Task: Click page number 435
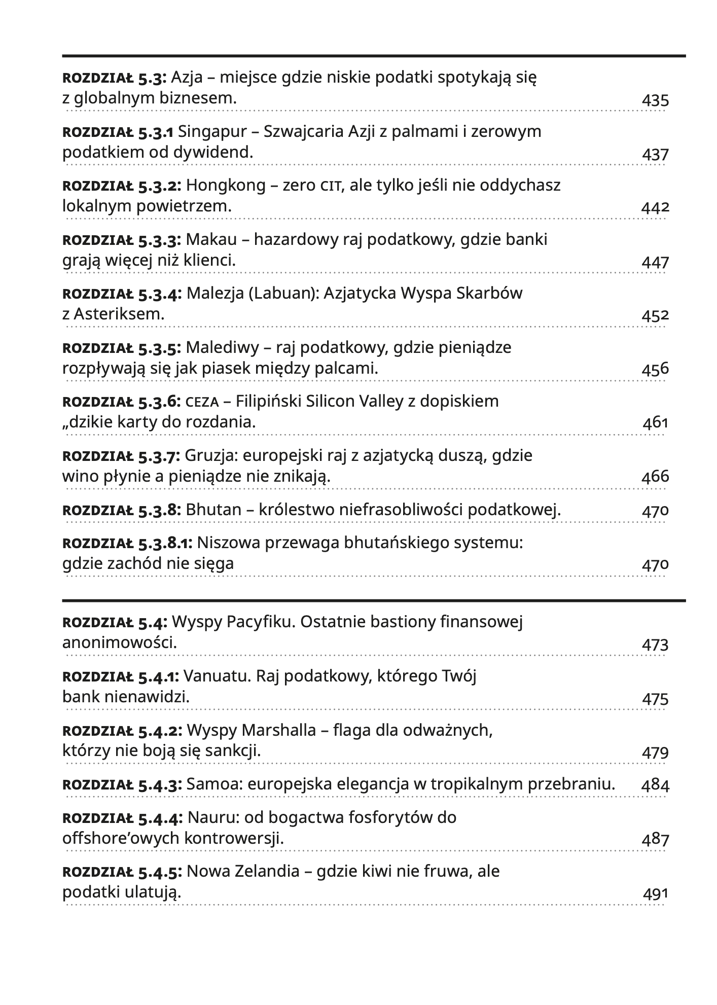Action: point(655,100)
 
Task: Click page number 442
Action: point(655,207)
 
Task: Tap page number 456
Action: point(655,369)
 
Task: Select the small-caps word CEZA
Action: point(202,403)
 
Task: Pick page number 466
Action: point(655,477)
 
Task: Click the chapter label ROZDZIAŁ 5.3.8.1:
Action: point(127,544)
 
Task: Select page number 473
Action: point(655,645)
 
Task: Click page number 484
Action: point(655,786)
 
